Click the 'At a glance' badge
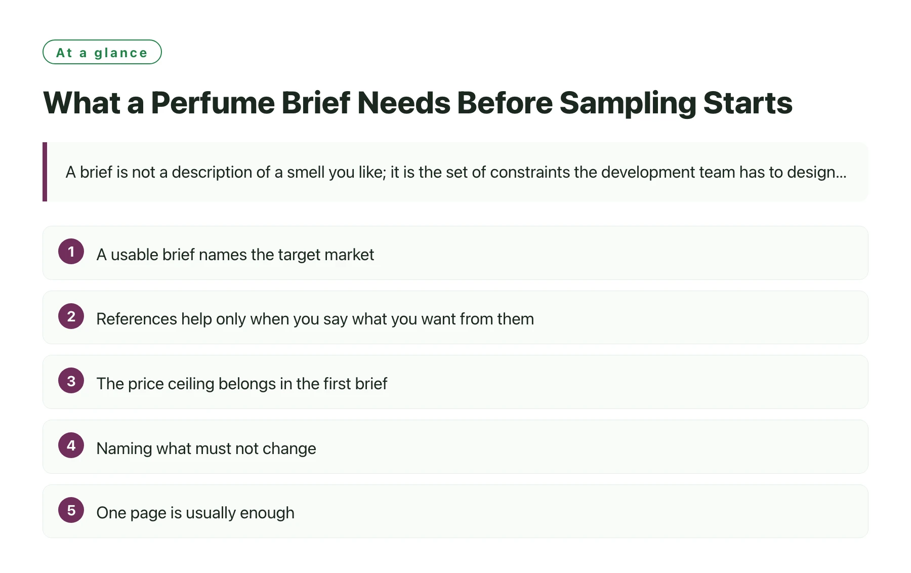(x=102, y=52)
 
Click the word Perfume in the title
(x=213, y=103)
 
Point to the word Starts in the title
(x=748, y=103)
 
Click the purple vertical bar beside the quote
(x=45, y=172)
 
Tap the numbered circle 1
(x=71, y=252)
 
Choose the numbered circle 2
(x=71, y=316)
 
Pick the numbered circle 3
(x=71, y=381)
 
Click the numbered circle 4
(x=71, y=445)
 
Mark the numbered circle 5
(x=71, y=510)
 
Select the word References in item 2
(x=137, y=319)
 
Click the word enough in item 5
(x=267, y=513)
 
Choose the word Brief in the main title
(x=316, y=103)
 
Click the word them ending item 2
(x=516, y=319)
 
